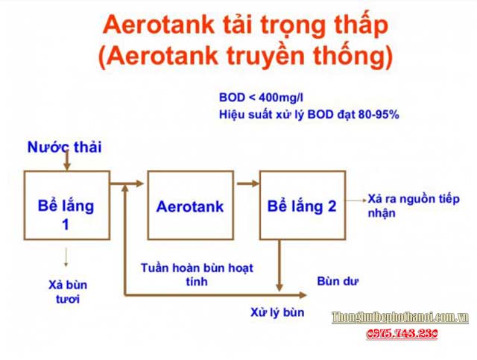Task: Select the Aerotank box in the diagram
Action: click(x=191, y=206)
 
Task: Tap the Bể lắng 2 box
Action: click(x=302, y=206)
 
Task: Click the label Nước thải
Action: click(x=64, y=147)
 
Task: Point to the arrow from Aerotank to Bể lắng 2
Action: click(x=247, y=183)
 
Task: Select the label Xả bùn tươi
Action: click(x=65, y=291)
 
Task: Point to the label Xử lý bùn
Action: click(x=277, y=312)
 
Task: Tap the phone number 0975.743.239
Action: click(x=402, y=335)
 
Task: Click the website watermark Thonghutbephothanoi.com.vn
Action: click(x=400, y=318)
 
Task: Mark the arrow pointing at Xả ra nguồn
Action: click(x=356, y=199)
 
